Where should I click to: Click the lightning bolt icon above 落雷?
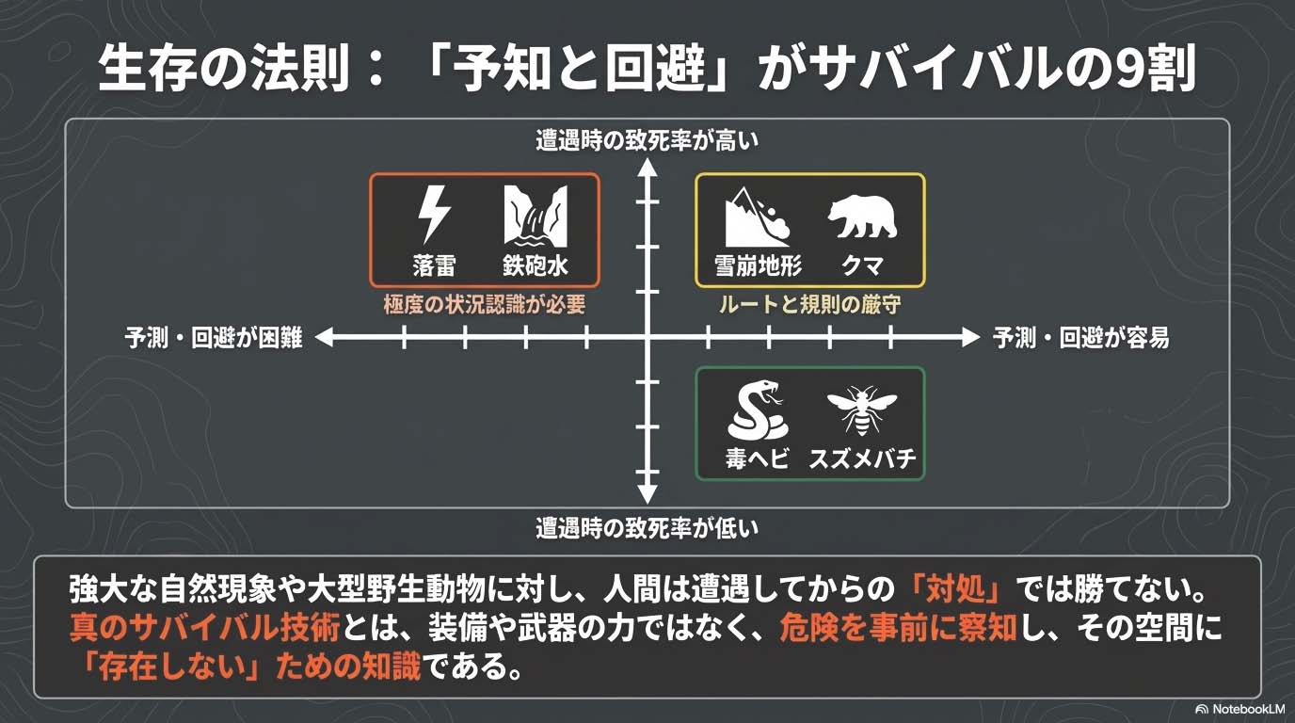[x=434, y=215]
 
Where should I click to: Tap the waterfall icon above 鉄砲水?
[x=536, y=215]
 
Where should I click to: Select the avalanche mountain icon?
[x=758, y=217]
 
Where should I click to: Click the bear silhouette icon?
[x=862, y=217]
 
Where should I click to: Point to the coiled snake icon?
[x=757, y=410]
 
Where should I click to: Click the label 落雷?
[x=434, y=265]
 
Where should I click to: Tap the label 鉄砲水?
[x=536, y=265]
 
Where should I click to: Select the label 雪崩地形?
[x=759, y=265]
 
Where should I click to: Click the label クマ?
[x=862, y=265]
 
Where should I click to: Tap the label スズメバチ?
[x=862, y=460]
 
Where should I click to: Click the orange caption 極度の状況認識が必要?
[x=485, y=305]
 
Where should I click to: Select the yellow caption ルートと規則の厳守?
[x=810, y=305]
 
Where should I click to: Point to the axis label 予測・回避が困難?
[x=214, y=338]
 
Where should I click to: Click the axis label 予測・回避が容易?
[x=1081, y=338]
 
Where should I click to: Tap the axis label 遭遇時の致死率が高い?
[x=647, y=141]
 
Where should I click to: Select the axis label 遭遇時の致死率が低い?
[x=647, y=528]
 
